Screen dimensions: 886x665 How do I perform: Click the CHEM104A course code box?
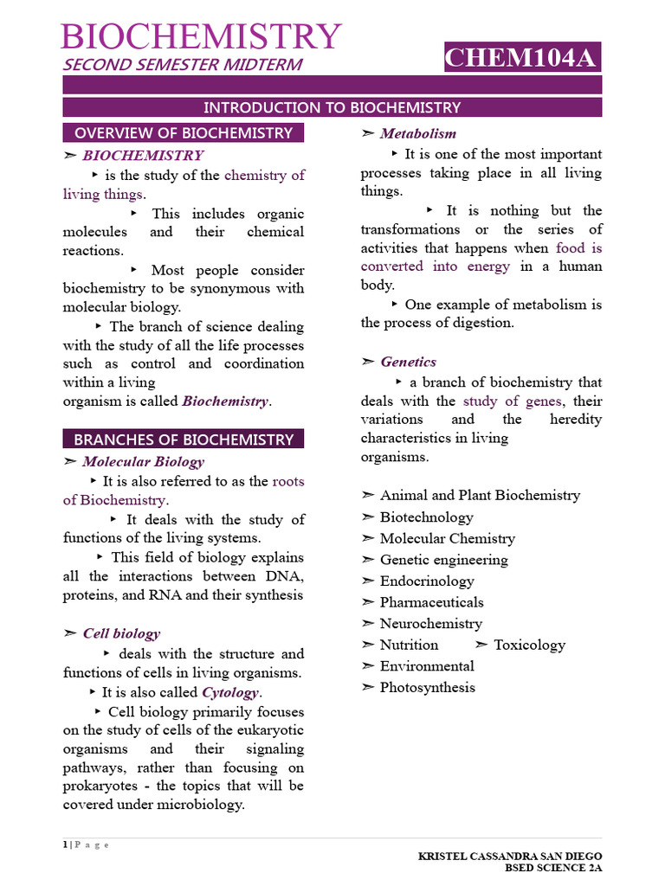pyautogui.click(x=521, y=58)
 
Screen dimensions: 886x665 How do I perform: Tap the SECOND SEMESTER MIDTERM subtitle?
pyautogui.click(x=182, y=65)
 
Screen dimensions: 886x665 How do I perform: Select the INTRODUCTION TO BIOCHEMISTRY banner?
pyautogui.click(x=332, y=107)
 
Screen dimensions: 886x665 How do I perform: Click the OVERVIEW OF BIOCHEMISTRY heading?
pyautogui.click(x=184, y=132)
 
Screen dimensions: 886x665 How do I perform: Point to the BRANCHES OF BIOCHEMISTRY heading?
pyautogui.click(x=184, y=439)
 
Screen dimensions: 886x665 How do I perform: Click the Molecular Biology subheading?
pyautogui.click(x=143, y=461)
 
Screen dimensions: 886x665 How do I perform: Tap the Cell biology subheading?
pyautogui.click(x=121, y=633)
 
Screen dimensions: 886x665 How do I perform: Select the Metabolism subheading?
pyautogui.click(x=417, y=133)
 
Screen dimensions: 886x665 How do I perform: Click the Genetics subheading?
pyautogui.click(x=408, y=362)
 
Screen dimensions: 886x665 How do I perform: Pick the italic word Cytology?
pyautogui.click(x=230, y=692)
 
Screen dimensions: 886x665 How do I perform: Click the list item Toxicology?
pyautogui.click(x=529, y=645)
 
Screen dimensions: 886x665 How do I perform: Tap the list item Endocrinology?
pyautogui.click(x=427, y=581)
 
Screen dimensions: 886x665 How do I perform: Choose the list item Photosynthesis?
pyautogui.click(x=428, y=687)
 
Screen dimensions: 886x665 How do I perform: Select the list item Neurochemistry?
pyautogui.click(x=430, y=623)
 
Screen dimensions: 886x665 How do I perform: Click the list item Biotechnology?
pyautogui.click(x=426, y=517)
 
